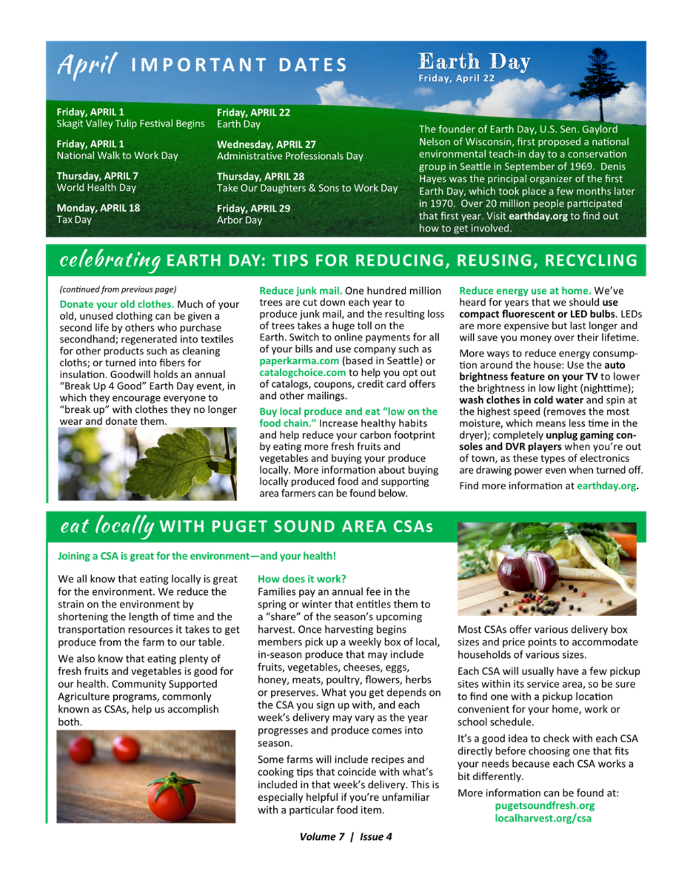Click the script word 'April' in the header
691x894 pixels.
86,64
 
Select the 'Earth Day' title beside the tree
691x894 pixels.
474,62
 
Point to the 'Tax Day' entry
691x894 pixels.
74,220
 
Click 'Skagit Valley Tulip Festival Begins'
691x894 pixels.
131,124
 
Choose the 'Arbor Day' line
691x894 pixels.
239,221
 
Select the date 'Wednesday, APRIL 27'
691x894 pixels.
266,145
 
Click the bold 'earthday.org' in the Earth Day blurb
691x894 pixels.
538,216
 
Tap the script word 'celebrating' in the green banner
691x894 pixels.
110,260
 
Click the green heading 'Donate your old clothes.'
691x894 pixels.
117,305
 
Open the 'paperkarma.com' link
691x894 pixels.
299,361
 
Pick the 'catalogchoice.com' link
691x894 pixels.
302,373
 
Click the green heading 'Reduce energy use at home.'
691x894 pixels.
525,291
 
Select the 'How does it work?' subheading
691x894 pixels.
301,579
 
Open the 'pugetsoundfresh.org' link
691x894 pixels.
544,806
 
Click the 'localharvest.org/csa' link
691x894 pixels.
543,818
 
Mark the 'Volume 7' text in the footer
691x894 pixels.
321,837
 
